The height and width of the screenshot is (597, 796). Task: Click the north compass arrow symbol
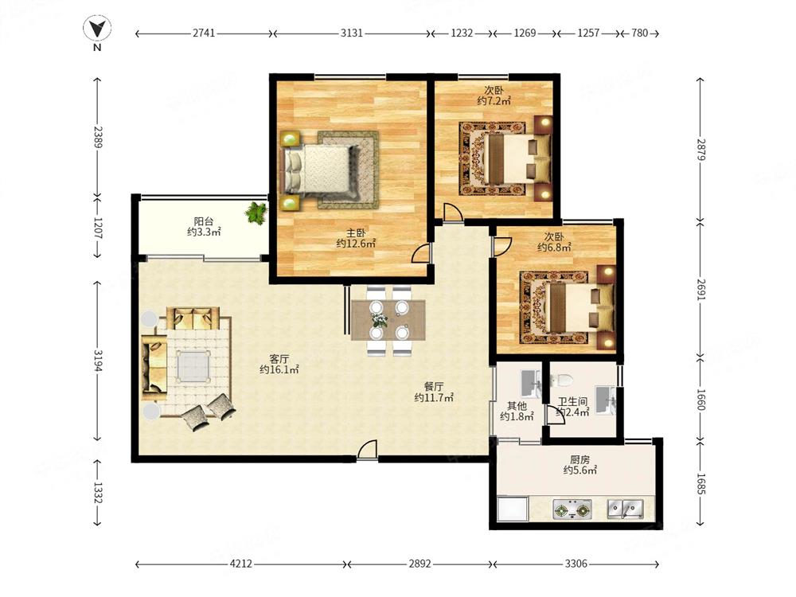click(97, 29)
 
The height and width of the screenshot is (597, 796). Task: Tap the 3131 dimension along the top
click(351, 33)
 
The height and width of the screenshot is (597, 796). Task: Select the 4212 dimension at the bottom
click(240, 564)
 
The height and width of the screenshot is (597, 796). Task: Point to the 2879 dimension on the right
click(700, 150)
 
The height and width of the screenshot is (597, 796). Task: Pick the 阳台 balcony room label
click(204, 221)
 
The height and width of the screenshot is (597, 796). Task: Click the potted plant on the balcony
click(256, 213)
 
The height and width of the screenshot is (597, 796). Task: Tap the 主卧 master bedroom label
click(356, 233)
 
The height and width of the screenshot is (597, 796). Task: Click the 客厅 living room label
click(279, 359)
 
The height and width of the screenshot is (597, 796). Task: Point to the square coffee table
click(193, 365)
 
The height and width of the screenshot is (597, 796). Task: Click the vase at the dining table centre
click(379, 319)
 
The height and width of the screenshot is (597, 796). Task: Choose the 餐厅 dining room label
click(434, 387)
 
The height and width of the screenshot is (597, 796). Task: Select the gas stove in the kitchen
click(572, 509)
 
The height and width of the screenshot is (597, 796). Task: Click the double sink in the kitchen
click(626, 509)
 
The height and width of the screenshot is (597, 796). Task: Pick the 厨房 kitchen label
click(579, 459)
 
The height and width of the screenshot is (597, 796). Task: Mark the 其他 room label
click(517, 406)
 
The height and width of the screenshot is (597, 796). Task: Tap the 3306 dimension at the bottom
click(576, 564)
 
